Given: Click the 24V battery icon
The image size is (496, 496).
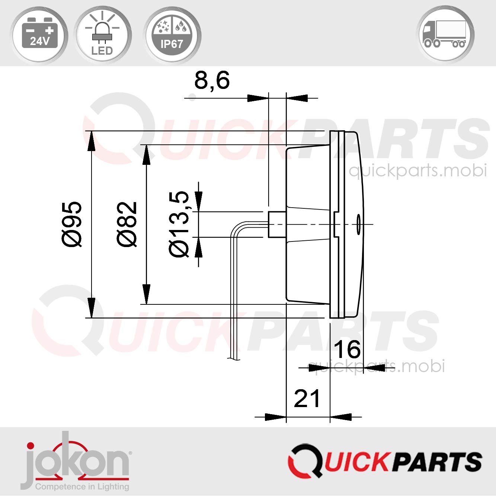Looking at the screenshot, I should (x=39, y=34).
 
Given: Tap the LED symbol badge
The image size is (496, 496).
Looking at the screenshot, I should (x=102, y=35).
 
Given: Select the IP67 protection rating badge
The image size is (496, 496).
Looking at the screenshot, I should (x=172, y=35).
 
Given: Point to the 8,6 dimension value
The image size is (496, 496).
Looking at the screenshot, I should (x=212, y=80).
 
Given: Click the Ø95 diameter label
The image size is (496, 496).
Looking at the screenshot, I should (x=72, y=224).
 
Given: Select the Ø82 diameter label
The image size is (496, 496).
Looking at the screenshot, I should (x=127, y=224).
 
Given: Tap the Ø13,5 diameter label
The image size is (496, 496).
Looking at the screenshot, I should (x=179, y=224).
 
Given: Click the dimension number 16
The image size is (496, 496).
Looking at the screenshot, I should (x=347, y=349).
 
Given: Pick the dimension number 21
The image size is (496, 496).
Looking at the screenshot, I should (x=307, y=399).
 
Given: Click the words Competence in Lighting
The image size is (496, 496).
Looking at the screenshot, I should (x=82, y=487).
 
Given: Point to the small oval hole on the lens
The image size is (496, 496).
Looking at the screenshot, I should (x=358, y=224).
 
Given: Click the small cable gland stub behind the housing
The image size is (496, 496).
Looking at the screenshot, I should (x=276, y=224).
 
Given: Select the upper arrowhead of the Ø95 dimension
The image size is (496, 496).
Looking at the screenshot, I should (x=91, y=141).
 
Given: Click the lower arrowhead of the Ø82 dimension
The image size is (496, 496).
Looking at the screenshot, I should (x=147, y=294).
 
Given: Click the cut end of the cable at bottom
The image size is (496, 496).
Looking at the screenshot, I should (x=233, y=358).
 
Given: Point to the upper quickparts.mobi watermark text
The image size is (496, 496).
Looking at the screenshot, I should (x=417, y=170).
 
